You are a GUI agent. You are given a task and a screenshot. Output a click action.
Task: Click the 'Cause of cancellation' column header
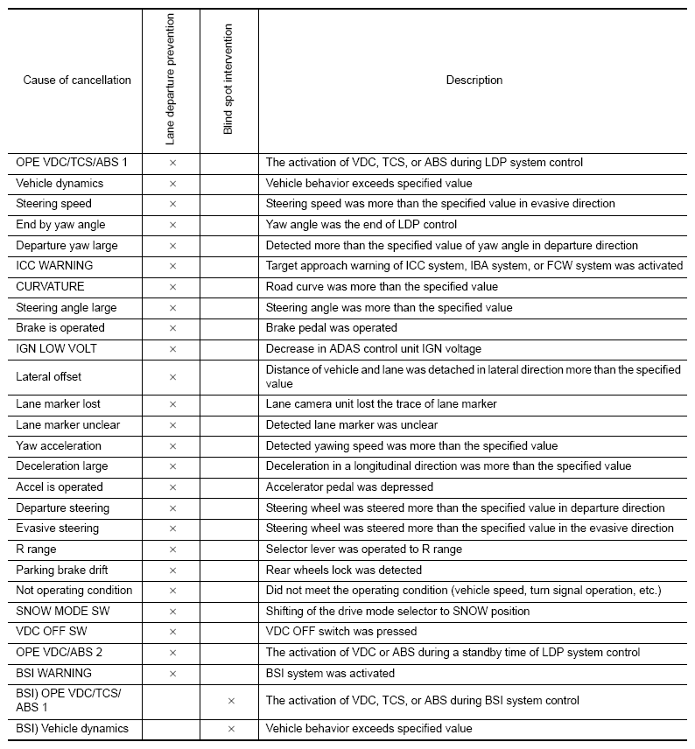tap(77, 80)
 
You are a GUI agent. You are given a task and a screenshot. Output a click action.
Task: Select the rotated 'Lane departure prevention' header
tap(170, 79)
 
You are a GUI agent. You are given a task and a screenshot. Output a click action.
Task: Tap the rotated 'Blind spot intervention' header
tap(228, 79)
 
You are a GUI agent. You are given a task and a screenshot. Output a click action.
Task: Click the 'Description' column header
tap(474, 80)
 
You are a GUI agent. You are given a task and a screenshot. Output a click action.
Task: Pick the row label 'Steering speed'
tap(53, 204)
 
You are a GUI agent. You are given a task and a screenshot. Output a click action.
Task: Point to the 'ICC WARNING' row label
tap(54, 265)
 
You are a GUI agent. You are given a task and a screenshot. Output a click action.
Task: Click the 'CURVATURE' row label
tap(50, 286)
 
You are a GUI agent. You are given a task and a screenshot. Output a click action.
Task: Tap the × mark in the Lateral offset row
tap(172, 377)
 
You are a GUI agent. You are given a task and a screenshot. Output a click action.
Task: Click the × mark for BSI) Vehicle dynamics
tap(231, 729)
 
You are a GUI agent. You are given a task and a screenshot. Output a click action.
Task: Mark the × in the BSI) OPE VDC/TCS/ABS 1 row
tap(231, 701)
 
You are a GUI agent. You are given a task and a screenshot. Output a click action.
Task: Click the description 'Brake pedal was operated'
tap(332, 327)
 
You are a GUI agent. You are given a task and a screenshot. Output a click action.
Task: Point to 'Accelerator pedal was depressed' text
tap(349, 487)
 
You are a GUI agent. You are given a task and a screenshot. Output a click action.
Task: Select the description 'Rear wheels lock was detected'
tap(344, 570)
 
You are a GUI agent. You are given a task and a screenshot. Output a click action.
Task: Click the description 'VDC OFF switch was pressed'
tap(341, 632)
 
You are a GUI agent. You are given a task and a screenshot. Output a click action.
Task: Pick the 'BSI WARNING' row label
tap(53, 673)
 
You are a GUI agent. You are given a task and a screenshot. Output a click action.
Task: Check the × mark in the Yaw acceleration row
tap(172, 446)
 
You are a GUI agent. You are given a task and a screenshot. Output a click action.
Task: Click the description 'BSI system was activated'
tap(331, 673)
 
